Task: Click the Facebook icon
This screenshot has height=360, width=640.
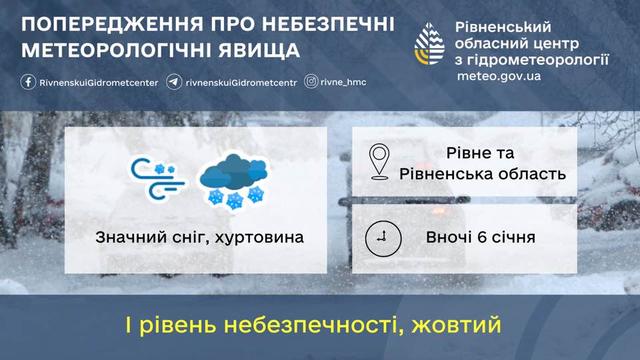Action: click(28, 82)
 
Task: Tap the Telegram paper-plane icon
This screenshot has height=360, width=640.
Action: click(174, 82)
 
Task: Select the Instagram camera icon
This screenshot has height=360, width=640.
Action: click(311, 81)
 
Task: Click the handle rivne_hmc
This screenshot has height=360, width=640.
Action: click(343, 82)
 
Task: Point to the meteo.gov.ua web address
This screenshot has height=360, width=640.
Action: click(499, 76)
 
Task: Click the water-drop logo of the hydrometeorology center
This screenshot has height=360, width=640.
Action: click(429, 44)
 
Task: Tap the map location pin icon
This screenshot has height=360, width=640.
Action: click(379, 161)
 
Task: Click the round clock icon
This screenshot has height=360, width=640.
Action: click(383, 239)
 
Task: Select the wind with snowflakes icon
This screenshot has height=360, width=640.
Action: click(157, 179)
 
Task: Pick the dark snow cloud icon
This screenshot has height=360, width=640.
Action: click(233, 181)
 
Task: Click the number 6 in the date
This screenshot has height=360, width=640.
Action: click(481, 237)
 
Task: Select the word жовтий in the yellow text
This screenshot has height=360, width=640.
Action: click(456, 325)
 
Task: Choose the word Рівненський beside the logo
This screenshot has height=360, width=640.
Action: click(503, 27)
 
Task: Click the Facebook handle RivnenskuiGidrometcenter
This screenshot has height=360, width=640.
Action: click(99, 83)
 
